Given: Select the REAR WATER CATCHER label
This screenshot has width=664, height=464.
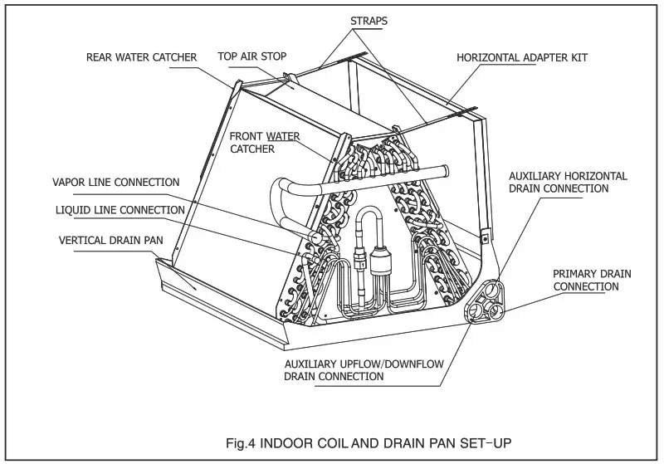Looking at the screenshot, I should click(141, 57).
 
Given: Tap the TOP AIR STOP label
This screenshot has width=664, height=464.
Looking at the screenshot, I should click(251, 57).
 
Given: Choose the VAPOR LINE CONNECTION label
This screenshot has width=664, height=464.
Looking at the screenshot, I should click(115, 182).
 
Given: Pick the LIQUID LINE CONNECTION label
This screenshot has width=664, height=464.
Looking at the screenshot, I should click(120, 210).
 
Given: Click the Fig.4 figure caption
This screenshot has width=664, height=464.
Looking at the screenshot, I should click(354, 442).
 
